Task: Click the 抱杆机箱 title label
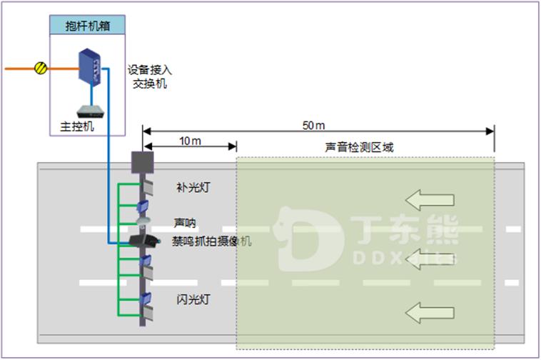[x=87, y=24]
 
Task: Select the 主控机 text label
[x=76, y=126]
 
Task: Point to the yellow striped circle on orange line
[x=41, y=69]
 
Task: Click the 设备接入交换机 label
[x=150, y=77]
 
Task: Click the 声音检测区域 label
[x=359, y=147]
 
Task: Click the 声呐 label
[x=184, y=222]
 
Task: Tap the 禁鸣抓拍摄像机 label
[x=211, y=241]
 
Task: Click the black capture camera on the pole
[x=143, y=240]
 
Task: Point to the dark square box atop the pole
[x=143, y=163]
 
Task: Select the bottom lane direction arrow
[x=428, y=311]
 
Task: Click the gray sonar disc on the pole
[x=143, y=221]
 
